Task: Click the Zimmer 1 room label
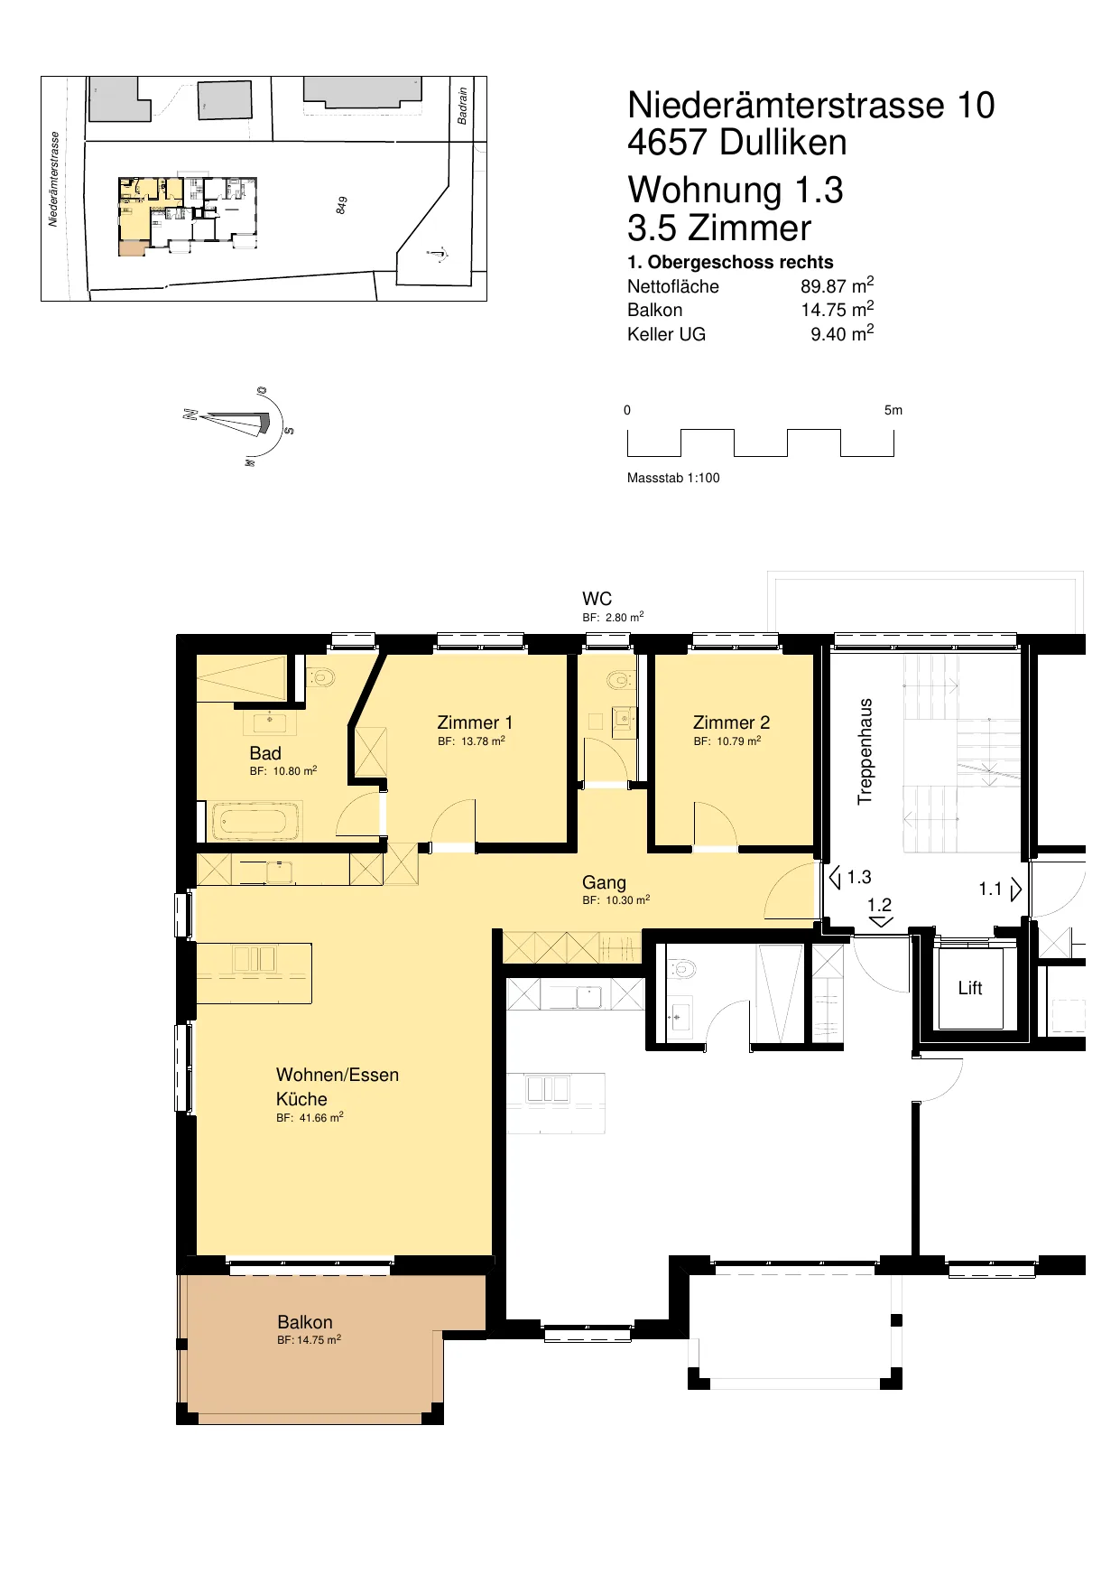point(475,722)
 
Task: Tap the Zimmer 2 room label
point(731,722)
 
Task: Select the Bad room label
point(265,753)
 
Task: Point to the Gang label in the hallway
point(604,882)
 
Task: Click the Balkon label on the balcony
point(305,1322)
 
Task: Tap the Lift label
point(970,988)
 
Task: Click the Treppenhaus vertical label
point(865,751)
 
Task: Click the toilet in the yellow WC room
point(620,679)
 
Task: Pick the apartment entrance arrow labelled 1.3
point(835,877)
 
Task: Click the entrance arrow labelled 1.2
point(881,922)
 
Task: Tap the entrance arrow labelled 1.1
point(1016,890)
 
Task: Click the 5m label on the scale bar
point(893,410)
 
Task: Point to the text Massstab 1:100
point(673,478)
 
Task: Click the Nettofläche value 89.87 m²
point(837,286)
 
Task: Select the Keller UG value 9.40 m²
point(842,333)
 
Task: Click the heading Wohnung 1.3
point(736,190)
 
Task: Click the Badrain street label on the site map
point(463,106)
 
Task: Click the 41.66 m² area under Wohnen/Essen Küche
point(321,1117)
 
